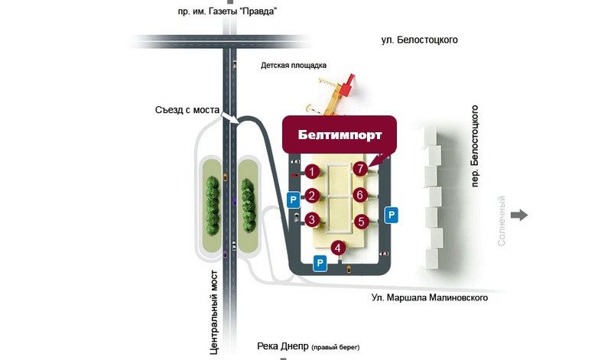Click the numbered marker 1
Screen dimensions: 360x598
(x=311, y=171)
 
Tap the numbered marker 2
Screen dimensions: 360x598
(x=311, y=196)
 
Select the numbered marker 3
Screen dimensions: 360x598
(x=311, y=220)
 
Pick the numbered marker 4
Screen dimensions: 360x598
(x=340, y=247)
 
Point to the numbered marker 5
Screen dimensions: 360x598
(x=362, y=222)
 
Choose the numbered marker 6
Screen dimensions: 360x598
(x=360, y=195)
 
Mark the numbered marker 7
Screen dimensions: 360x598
(x=360, y=169)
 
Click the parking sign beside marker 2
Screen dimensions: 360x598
(x=292, y=200)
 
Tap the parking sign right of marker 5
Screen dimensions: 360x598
(x=391, y=215)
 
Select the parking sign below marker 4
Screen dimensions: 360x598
(x=320, y=264)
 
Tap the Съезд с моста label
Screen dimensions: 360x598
(x=187, y=111)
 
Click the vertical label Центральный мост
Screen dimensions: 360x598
(x=216, y=312)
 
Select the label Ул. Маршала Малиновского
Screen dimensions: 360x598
(x=429, y=298)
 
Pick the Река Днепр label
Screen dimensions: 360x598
(x=297, y=345)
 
